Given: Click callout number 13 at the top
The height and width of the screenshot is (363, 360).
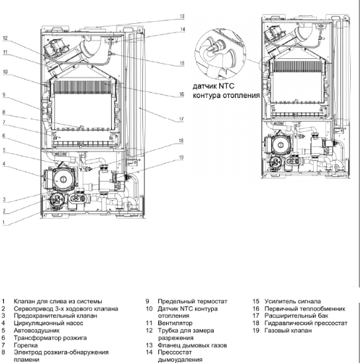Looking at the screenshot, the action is point(182,16).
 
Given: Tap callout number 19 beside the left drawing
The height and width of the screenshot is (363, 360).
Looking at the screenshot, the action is point(181,158).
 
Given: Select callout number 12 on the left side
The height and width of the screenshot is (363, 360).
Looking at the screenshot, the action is point(5,38).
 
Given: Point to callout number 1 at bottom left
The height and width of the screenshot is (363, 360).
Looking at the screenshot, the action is point(3,223).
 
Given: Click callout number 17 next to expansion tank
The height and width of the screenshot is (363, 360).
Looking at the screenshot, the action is point(181,119).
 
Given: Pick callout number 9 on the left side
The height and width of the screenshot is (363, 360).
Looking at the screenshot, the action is point(4,95).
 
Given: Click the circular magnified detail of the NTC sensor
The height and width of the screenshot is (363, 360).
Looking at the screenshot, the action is point(220,54).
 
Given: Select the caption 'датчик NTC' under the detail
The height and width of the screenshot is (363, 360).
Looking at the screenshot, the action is point(213,86).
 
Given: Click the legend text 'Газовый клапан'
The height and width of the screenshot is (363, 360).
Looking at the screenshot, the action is point(288,331).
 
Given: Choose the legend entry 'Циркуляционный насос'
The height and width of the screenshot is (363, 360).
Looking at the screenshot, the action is point(48,323).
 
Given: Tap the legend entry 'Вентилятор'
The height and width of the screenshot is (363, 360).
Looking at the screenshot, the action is point(175,323).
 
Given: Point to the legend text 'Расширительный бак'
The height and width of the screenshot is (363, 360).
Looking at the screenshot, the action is point(296,316).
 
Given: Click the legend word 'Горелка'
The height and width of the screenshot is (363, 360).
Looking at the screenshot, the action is point(26,345).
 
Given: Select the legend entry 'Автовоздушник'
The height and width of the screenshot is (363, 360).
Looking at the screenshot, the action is point(36,331).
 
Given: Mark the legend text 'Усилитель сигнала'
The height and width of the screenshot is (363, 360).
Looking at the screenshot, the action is point(292,301).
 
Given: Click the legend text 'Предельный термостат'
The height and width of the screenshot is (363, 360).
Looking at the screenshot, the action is point(193,301).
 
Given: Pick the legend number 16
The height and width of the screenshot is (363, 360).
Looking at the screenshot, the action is point(255,309).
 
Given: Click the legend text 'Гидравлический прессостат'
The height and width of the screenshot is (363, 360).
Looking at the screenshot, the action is point(306,323).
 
